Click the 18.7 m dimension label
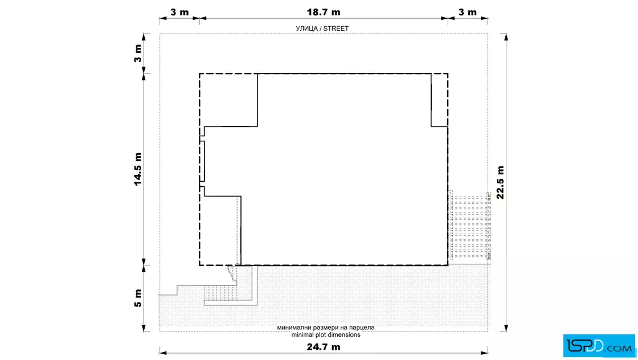tap(324, 12)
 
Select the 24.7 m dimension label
tap(324, 347)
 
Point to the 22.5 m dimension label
tap(501, 182)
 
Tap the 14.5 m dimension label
tap(138, 169)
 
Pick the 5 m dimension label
tap(138, 298)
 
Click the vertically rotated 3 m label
tap(138, 54)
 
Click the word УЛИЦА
tap(306, 28)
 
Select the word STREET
tap(336, 28)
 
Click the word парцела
tap(361, 328)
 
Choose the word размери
tap(326, 328)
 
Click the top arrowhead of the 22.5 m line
tap(506, 37)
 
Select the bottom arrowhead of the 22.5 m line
tap(506, 328)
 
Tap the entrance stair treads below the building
tap(220, 292)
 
